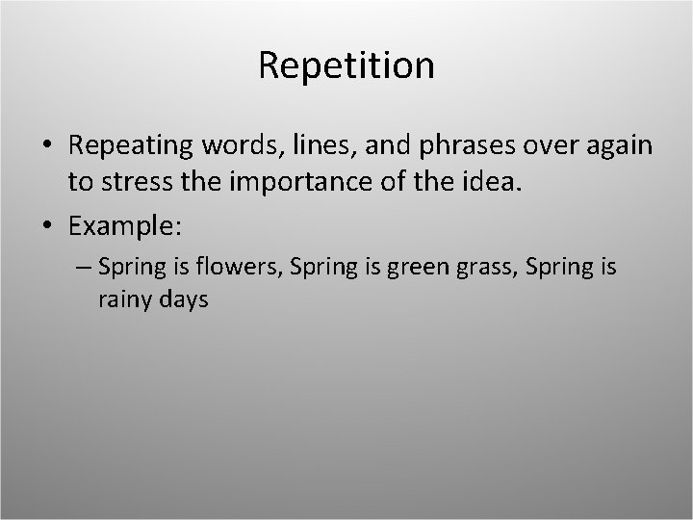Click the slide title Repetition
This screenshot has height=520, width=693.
click(x=346, y=65)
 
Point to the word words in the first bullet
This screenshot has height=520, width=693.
click(x=233, y=146)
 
